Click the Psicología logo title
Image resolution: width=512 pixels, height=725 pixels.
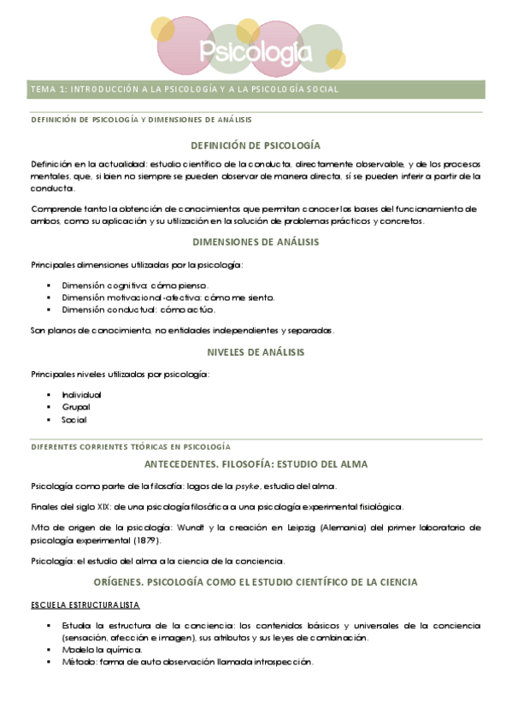pyautogui.click(x=255, y=53)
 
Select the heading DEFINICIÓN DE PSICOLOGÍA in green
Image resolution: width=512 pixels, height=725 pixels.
pyautogui.click(x=256, y=145)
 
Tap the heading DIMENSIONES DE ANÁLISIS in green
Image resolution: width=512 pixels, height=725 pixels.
pyautogui.click(x=256, y=242)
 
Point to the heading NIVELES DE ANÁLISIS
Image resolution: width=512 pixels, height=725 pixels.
pyautogui.click(x=256, y=351)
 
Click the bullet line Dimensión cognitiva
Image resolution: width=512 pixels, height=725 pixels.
pyautogui.click(x=134, y=285)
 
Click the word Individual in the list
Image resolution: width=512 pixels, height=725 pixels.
pyautogui.click(x=81, y=395)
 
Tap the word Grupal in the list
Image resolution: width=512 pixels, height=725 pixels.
pyautogui.click(x=75, y=407)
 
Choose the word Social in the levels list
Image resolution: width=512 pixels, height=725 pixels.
pyautogui.click(x=74, y=420)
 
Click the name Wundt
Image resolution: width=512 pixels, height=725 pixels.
pyautogui.click(x=215, y=528)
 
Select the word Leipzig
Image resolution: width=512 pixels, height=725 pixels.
pyautogui.click(x=313, y=528)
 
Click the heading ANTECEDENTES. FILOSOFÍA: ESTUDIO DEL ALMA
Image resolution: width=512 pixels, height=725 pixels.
pyautogui.click(x=256, y=464)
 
